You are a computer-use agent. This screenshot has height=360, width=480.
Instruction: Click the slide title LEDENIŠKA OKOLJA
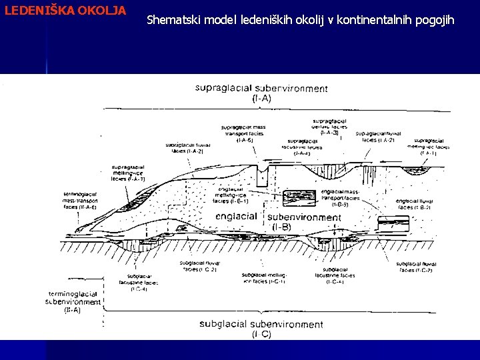[x=64, y=11]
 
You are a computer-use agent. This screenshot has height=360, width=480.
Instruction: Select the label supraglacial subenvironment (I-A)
[x=261, y=93]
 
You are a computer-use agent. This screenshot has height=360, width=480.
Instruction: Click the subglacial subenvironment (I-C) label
[x=261, y=329]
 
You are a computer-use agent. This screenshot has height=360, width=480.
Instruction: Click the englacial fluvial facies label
[x=414, y=203]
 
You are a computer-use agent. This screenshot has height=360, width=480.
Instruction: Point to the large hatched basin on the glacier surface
[x=373, y=175]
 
